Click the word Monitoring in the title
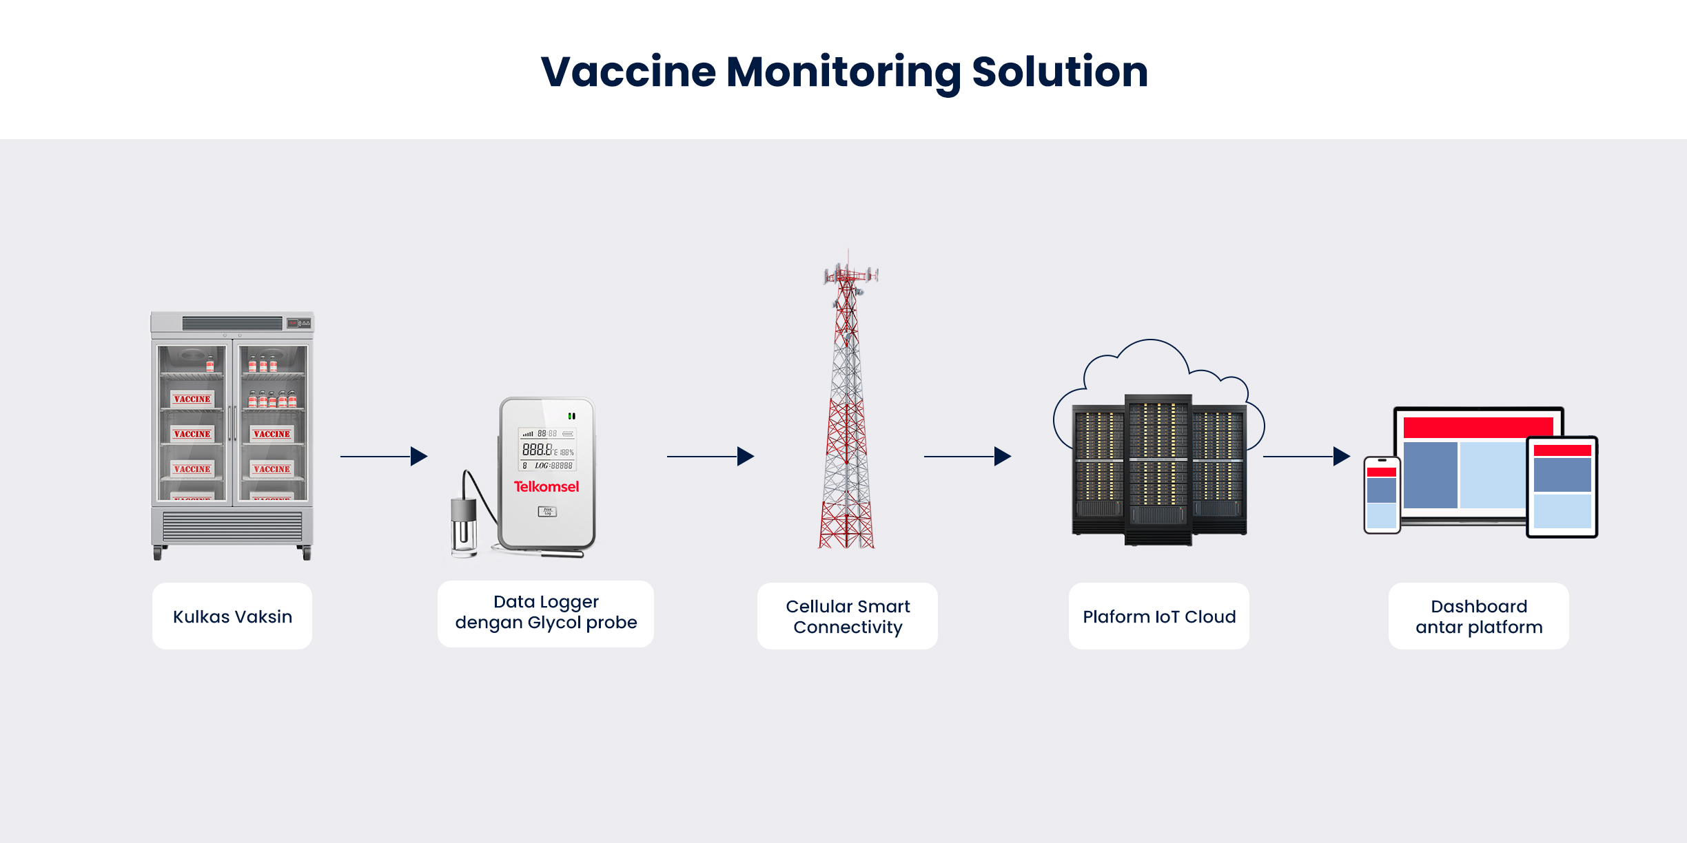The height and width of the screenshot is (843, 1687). (843, 72)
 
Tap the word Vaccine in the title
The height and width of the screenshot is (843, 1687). (628, 72)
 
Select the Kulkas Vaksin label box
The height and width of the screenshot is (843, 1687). (232, 616)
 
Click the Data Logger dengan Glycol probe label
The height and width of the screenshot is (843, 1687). (546, 613)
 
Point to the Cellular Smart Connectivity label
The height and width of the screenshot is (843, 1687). (848, 616)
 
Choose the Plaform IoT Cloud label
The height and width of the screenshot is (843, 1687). (1159, 616)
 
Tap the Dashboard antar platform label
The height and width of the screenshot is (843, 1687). (1479, 616)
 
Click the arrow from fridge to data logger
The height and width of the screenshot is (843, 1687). (384, 456)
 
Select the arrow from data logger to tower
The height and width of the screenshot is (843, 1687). (710, 456)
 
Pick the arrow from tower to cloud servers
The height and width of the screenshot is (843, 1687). (968, 456)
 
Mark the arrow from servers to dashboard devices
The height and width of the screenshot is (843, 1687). (1307, 456)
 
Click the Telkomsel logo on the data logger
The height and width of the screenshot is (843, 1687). (546, 487)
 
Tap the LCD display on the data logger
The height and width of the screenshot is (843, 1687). (547, 450)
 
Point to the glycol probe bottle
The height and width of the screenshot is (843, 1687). (464, 527)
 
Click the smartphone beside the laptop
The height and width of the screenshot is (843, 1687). (1382, 495)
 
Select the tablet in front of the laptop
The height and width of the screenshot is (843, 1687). (1562, 486)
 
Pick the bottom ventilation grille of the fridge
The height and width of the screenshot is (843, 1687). (232, 527)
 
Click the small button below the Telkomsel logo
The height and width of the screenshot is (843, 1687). (547, 512)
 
